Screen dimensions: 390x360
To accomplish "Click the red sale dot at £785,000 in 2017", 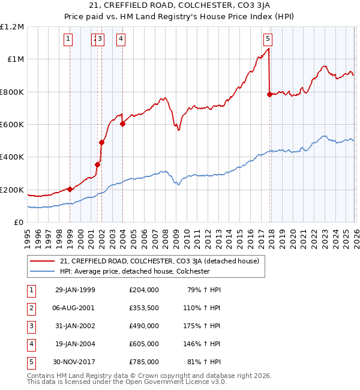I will point(269,94).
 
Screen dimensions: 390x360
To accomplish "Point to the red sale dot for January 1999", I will point(70,189).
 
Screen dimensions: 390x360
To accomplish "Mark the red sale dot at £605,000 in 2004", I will point(122,124).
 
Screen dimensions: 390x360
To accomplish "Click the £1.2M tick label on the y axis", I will point(12,26).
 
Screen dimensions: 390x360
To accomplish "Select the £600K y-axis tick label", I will point(12,124).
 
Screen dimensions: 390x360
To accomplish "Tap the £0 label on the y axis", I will point(18,222).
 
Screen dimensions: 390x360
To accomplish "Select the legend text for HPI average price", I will point(134,271).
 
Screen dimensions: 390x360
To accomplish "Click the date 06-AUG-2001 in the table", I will point(74,307).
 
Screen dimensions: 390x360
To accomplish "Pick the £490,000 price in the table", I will point(143,325).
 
